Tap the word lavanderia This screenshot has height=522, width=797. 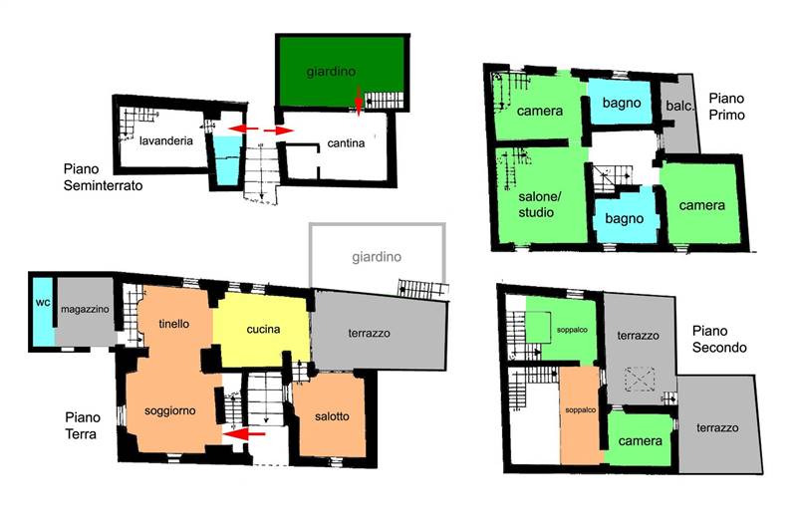coord(166,140)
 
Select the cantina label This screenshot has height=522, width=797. coord(346,143)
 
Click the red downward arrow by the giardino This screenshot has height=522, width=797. coord(359,101)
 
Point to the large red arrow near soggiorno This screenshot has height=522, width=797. coord(243,433)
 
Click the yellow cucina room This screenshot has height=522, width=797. coord(261,330)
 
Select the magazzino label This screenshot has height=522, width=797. coord(85,309)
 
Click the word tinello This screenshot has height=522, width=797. coord(173,324)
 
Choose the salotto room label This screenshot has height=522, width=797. coord(332,416)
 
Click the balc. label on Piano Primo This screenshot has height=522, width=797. coord(679,106)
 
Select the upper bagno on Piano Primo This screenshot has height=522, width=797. coord(621,103)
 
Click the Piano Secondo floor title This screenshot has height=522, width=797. coord(719,339)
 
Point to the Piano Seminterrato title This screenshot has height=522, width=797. coord(103,177)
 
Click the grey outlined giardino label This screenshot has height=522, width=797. coord(377,257)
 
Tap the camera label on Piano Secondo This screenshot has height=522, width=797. coord(640,440)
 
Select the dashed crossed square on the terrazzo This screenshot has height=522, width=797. coord(640,380)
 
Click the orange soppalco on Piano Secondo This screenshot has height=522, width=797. coord(581,415)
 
